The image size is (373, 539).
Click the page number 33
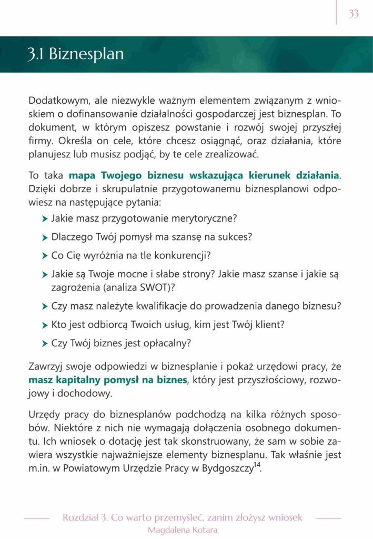pos(354,14)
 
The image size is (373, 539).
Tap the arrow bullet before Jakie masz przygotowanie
pos(45,218)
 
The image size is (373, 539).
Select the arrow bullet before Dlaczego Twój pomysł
pos(45,237)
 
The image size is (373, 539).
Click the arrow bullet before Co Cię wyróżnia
pos(45,256)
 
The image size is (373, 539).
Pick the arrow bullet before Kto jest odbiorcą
pos(45,325)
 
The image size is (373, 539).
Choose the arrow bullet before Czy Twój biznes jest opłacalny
pos(45,344)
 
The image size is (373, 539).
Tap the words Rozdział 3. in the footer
pos(81,517)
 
